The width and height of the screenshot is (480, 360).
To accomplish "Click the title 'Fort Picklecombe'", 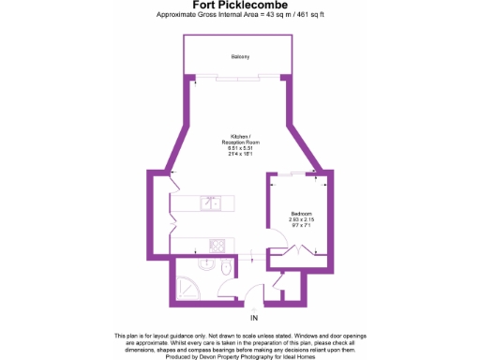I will tap(240, 6).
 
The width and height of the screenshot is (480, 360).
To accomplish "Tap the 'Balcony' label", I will tap(240, 57).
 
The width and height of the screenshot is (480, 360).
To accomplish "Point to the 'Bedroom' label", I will tap(301, 213).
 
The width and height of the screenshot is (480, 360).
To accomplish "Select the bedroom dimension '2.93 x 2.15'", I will tap(301, 219).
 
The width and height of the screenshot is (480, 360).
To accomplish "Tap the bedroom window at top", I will tap(298, 173).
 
